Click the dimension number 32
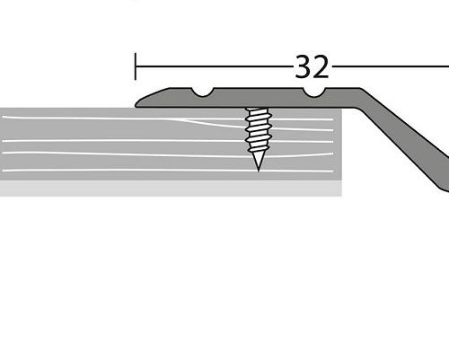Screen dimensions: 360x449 click(x=311, y=66)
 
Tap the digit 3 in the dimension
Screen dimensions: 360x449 click(x=301, y=66)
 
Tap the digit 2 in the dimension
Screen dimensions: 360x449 click(x=321, y=66)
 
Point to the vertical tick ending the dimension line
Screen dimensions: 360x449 click(x=136, y=66)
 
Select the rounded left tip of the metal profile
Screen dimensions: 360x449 click(x=140, y=102)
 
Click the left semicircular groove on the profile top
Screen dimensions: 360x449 click(x=206, y=92)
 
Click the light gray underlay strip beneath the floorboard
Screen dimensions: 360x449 click(x=171, y=189)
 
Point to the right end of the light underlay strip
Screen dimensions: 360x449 click(x=340, y=189)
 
